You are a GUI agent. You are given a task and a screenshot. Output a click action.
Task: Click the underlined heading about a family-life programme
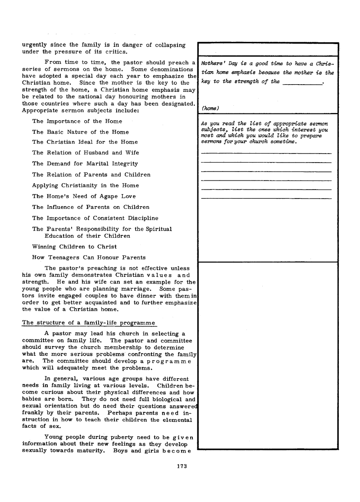tap(89, 323)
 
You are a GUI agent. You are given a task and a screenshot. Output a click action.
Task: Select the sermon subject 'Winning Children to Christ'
tap(74, 247)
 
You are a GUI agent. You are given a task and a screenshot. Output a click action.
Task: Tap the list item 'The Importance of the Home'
tap(77, 121)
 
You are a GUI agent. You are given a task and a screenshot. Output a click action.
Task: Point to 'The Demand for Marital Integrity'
tap(85, 164)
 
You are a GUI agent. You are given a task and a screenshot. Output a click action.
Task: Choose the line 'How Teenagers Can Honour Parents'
tap(89, 258)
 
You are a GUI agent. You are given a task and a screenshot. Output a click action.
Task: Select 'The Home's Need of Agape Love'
tap(84, 196)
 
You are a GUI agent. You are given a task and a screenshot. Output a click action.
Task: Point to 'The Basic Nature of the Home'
tap(81, 132)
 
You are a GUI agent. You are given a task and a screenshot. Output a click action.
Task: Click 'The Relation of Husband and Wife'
tap(86, 153)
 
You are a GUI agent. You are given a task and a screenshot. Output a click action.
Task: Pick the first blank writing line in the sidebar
tap(266, 154)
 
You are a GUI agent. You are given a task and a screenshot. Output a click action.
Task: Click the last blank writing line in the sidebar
tap(266, 198)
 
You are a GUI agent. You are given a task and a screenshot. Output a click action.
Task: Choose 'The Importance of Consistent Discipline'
tap(96, 218)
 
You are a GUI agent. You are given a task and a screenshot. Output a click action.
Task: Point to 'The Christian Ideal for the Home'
tap(82, 142)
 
